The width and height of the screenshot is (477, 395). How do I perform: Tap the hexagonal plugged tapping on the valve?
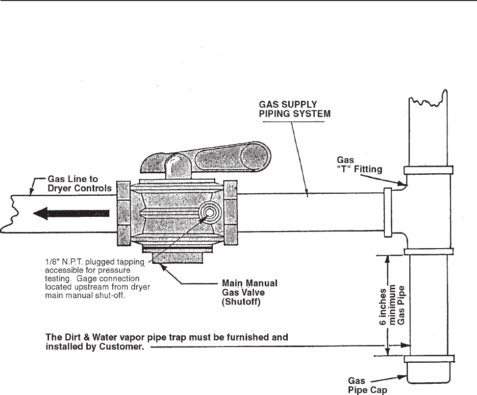210,212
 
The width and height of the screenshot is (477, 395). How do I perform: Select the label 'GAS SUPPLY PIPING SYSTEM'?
289,109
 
